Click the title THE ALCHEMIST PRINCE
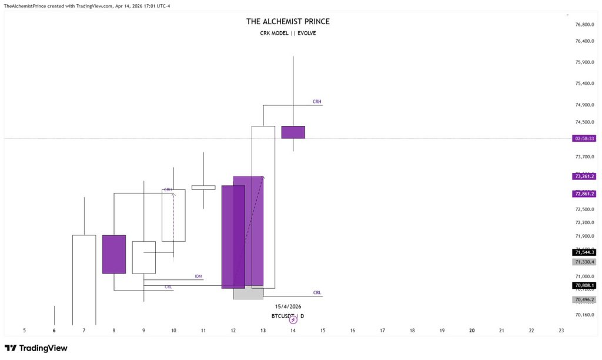287,22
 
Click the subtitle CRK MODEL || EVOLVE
287,34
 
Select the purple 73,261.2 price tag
584,176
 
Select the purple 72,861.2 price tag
584,194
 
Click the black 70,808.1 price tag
584,285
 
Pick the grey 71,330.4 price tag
584,262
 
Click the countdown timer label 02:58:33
584,138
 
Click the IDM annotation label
198,276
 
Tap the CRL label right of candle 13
317,292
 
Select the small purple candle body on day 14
293,132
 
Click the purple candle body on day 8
114,254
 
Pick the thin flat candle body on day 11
203,188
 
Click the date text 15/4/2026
287,306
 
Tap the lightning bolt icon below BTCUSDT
293,320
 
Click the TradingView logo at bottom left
36,348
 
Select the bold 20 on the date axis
472,331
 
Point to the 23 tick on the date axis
561,331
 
